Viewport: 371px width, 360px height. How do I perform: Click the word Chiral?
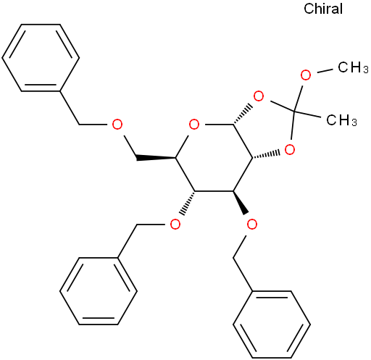click(x=323, y=9)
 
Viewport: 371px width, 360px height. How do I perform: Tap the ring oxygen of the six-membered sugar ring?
click(x=194, y=125)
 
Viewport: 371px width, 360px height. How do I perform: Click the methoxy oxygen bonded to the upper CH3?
click(x=306, y=75)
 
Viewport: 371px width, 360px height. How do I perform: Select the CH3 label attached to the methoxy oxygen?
click(x=353, y=67)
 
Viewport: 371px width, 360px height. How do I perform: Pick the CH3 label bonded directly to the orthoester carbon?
click(x=341, y=120)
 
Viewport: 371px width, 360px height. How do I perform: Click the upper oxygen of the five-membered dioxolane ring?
click(x=259, y=96)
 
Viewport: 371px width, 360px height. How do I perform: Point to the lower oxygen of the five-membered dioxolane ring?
click(x=290, y=150)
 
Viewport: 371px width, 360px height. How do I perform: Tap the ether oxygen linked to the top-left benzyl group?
click(x=117, y=125)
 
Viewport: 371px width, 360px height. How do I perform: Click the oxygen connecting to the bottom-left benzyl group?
click(x=175, y=225)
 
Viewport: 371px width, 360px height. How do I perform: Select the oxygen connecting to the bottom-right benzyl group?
click(x=252, y=225)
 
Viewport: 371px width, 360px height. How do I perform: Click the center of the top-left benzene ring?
click(x=41, y=58)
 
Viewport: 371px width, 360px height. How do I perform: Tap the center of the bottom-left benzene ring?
click(x=99, y=291)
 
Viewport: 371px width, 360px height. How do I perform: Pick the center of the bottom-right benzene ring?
click(x=272, y=325)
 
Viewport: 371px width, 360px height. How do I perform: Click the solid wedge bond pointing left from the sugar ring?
click(x=156, y=158)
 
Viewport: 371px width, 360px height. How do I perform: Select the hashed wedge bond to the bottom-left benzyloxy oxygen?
click(x=186, y=203)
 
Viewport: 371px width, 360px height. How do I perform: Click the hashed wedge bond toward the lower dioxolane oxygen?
click(x=266, y=156)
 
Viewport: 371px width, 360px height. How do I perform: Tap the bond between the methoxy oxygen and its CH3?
click(x=325, y=71)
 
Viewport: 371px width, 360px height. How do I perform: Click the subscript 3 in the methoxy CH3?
click(x=366, y=70)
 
